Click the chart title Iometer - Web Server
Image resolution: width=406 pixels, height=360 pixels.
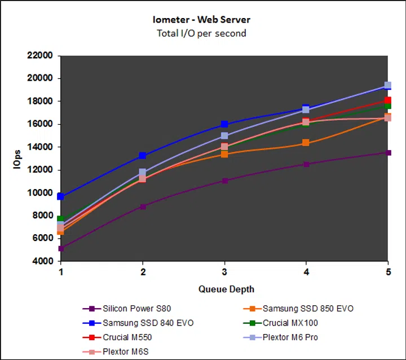(x=201, y=20)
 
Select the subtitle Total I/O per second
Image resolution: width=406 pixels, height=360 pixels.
(x=201, y=33)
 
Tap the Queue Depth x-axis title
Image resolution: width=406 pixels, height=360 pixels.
(x=226, y=289)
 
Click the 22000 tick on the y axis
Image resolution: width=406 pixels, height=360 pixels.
(x=39, y=55)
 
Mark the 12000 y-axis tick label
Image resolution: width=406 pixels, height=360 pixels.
(x=39, y=170)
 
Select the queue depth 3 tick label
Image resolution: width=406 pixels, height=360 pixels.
(x=225, y=272)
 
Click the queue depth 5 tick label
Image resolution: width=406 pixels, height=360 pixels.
(x=388, y=272)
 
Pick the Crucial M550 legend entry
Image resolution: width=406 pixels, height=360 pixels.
(x=127, y=338)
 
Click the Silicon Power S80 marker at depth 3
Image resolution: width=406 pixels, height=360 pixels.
(x=225, y=181)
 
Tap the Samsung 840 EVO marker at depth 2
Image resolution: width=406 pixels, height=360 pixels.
(x=143, y=156)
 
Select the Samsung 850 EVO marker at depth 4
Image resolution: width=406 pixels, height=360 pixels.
(x=306, y=143)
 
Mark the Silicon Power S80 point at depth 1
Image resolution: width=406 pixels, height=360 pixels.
(x=61, y=248)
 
